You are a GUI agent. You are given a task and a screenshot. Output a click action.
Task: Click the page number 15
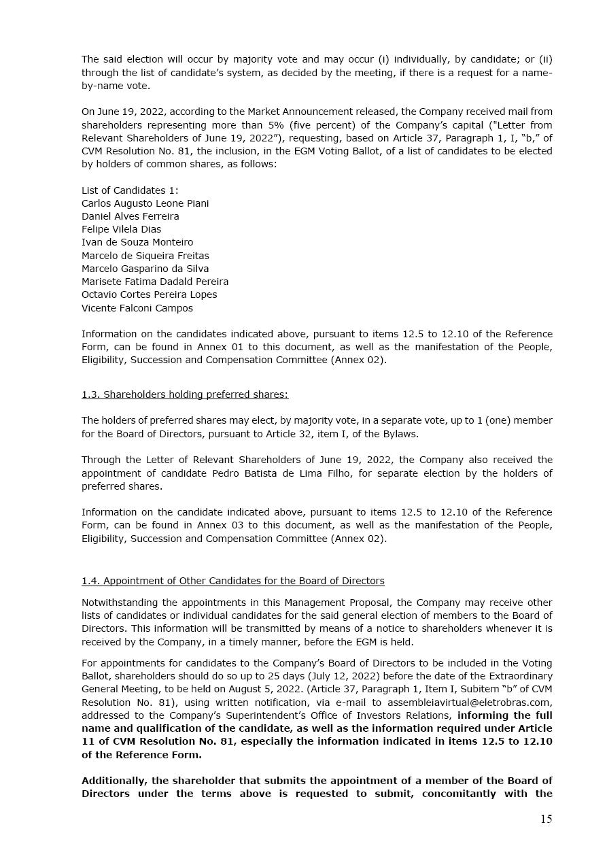(546, 819)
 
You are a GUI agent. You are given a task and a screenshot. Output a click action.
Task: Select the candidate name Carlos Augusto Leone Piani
(145, 203)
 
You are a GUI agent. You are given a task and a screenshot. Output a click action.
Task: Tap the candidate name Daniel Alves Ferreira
(130, 216)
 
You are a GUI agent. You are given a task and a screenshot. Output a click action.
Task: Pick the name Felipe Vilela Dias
(121, 229)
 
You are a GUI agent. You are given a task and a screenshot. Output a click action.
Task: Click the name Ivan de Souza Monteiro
(137, 242)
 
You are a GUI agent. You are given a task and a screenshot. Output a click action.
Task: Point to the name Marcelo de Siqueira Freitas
(145, 256)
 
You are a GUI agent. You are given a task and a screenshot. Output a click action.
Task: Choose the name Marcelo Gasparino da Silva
(145, 269)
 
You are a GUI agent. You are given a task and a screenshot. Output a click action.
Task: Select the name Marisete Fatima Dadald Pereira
(154, 282)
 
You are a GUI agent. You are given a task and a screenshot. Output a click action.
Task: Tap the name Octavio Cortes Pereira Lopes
(149, 294)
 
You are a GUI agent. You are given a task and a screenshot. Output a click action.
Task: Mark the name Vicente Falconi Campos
(137, 308)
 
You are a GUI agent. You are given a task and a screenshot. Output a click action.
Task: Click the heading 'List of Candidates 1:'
(130, 190)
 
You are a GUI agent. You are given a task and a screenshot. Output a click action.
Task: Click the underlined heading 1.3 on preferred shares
(184, 394)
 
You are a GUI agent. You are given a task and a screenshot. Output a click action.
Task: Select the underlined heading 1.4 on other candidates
(232, 581)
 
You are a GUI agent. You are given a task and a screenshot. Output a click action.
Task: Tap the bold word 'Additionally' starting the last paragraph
(114, 781)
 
